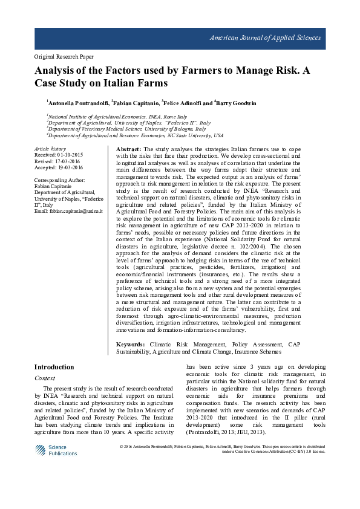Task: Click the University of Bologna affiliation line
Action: tap(126, 128)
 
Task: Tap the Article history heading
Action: tap(50, 149)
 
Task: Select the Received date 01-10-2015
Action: tap(58, 155)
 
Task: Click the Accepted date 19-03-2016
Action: tap(59, 167)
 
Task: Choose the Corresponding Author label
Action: tap(59, 180)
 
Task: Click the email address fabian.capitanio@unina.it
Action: tap(68, 211)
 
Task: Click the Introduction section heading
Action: tap(54, 367)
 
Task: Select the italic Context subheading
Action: tap(45, 378)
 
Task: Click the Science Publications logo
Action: tap(56, 450)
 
